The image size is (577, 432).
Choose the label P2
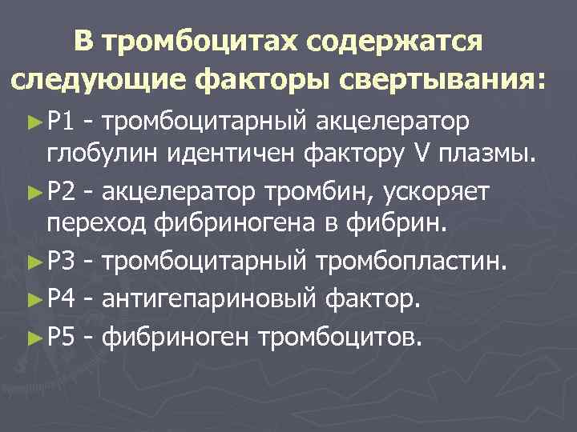click(x=61, y=191)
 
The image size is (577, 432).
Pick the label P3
click(x=61, y=260)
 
